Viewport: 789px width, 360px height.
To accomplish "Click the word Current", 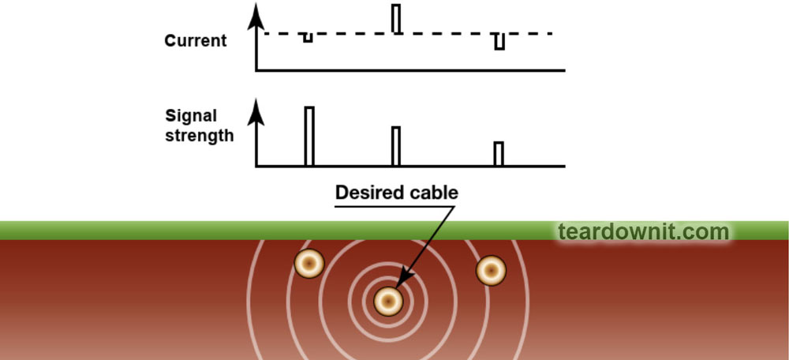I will pyautogui.click(x=196, y=40).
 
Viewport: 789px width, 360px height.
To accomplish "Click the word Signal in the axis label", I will pyautogui.click(x=191, y=116).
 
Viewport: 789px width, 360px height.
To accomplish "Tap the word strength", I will pyautogui.click(x=200, y=135).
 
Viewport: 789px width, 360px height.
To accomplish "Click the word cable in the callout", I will pyautogui.click(x=433, y=193).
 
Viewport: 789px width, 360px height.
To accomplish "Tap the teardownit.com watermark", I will pyautogui.click(x=643, y=232).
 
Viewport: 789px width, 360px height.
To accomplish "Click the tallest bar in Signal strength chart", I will pyautogui.click(x=309, y=136).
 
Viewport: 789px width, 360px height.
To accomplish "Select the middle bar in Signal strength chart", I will pyautogui.click(x=396, y=146).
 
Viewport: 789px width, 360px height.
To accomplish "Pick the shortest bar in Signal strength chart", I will pyautogui.click(x=499, y=154).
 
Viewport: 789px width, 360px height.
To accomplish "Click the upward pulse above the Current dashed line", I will pyautogui.click(x=396, y=19).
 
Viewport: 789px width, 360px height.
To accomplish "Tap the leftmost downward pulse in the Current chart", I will pyautogui.click(x=308, y=38).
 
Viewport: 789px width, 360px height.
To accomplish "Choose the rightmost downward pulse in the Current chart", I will pyautogui.click(x=499, y=42).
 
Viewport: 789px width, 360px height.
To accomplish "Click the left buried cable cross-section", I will pyautogui.click(x=309, y=263).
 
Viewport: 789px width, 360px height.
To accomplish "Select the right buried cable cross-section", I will pyautogui.click(x=491, y=270).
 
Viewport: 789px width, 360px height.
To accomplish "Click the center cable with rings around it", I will pyautogui.click(x=388, y=300).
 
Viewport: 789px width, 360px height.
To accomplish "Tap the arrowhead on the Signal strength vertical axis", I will pyautogui.click(x=256, y=111).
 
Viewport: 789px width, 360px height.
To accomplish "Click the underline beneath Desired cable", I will pyautogui.click(x=394, y=207).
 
